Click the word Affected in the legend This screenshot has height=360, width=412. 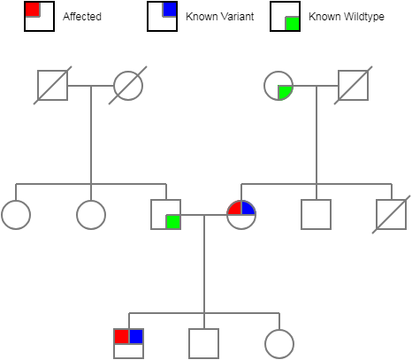click(81, 17)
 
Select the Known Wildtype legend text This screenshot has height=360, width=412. click(339, 17)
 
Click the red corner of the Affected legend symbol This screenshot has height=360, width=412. click(32, 9)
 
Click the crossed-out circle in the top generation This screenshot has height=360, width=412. click(128, 85)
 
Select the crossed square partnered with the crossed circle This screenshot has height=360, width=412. click(52, 85)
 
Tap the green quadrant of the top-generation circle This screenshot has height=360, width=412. click(285, 91)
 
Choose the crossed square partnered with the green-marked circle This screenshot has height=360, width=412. click(354, 85)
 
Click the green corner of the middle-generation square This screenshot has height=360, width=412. click(173, 221)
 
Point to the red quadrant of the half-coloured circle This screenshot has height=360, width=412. click(235, 209)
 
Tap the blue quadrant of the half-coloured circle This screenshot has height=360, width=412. click(248, 209)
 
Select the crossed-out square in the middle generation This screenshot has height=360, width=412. click(391, 215)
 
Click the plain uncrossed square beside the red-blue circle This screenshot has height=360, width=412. click(316, 215)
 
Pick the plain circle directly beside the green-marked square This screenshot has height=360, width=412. click(91, 215)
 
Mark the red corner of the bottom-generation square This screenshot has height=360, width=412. click(121, 336)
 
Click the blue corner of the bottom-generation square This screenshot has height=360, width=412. click(136, 336)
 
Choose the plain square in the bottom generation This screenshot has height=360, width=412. click(203, 343)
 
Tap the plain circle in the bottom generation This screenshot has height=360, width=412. click(279, 343)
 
